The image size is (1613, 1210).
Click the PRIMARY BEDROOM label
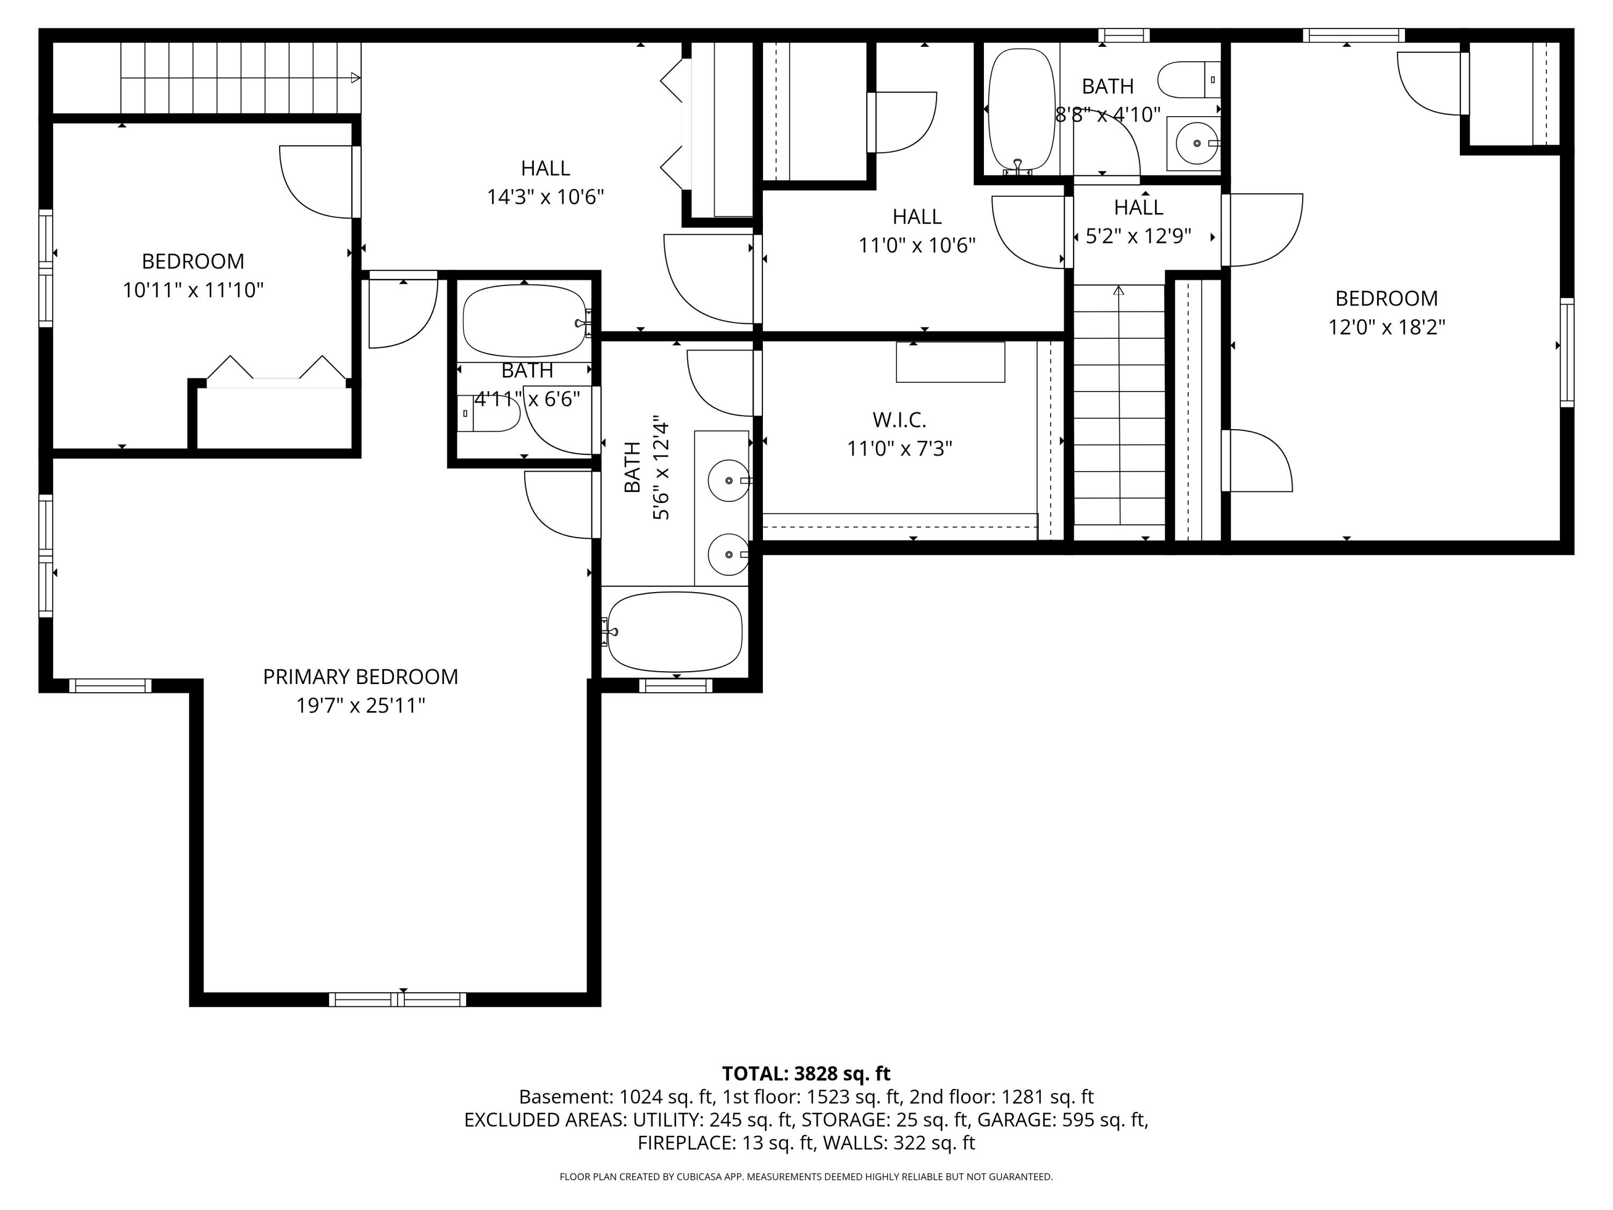pyautogui.click(x=360, y=677)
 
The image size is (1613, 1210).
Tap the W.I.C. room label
pyautogui.click(x=899, y=420)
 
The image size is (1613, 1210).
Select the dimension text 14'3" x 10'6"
pyautogui.click(x=545, y=197)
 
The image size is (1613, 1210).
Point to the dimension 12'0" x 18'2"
pyautogui.click(x=1386, y=327)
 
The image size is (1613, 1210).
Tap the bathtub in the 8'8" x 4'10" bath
pyautogui.click(x=1021, y=109)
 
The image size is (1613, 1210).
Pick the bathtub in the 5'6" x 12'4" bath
pyautogui.click(x=675, y=632)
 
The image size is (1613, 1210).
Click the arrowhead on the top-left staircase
pyautogui.click(x=355, y=77)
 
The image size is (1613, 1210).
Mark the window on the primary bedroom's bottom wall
pyautogui.click(x=397, y=999)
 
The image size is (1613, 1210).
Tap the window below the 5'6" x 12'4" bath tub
pyautogui.click(x=675, y=686)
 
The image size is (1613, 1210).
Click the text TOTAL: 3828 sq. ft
pyautogui.click(x=806, y=1073)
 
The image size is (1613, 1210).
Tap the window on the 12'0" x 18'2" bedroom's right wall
pyautogui.click(x=1566, y=352)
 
